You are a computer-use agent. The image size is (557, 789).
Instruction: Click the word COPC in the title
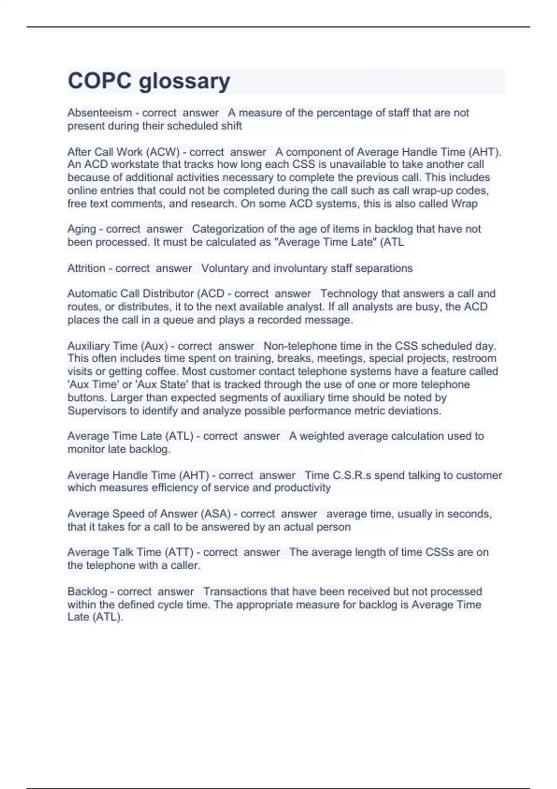pyautogui.click(x=100, y=81)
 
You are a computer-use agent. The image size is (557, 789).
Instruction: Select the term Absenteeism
pyautogui.click(x=99, y=113)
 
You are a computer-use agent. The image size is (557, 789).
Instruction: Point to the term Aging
pyautogui.click(x=81, y=229)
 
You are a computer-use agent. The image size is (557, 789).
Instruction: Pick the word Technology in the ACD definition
pyautogui.click(x=349, y=294)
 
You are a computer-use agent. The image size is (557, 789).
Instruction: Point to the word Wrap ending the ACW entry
pyautogui.click(x=464, y=204)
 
